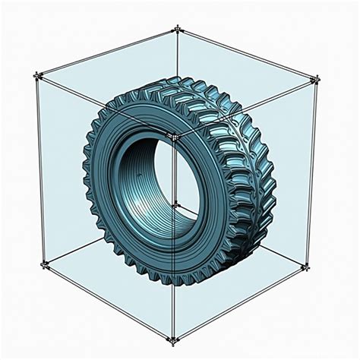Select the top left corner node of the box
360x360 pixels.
(36, 76)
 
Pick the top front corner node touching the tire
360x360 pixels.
(173, 137)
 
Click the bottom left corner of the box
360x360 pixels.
(45, 264)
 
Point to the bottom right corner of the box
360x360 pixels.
(308, 265)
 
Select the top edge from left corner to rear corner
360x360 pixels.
(106, 52)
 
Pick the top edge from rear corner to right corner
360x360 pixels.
(247, 53)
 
